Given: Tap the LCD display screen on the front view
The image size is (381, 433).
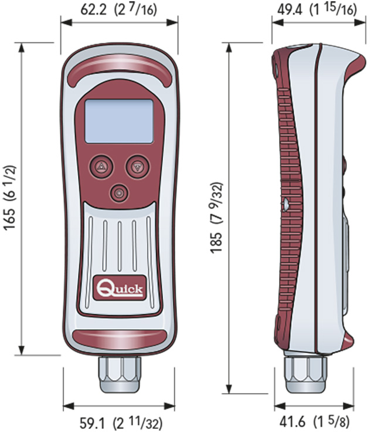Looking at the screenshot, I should click(119, 121).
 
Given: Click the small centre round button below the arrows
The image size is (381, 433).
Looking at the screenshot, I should click(120, 192).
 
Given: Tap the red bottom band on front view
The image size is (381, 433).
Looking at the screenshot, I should click(120, 339).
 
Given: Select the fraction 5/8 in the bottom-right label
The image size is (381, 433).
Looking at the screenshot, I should click(354, 422).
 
